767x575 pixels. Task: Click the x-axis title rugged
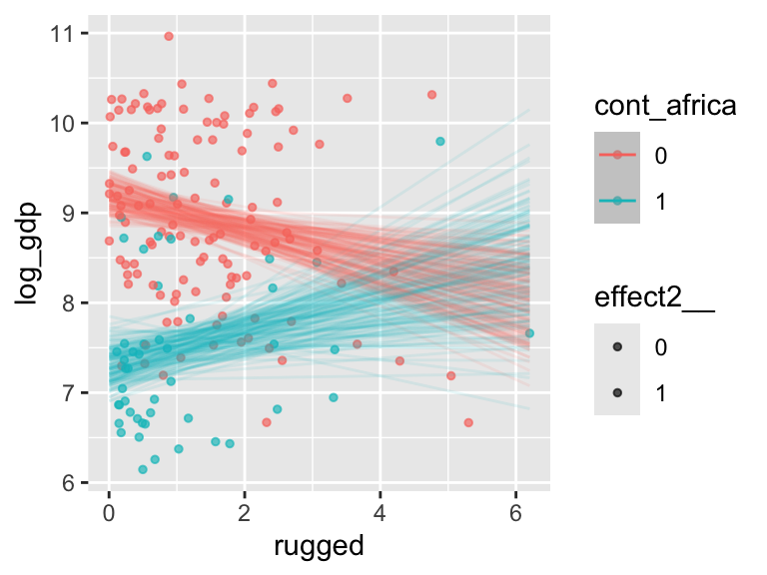[318, 547]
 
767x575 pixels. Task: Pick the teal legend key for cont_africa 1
[617, 201]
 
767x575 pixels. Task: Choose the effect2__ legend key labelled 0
[617, 346]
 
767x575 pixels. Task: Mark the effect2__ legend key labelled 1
[617, 392]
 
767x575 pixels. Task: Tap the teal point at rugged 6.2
[529, 333]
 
